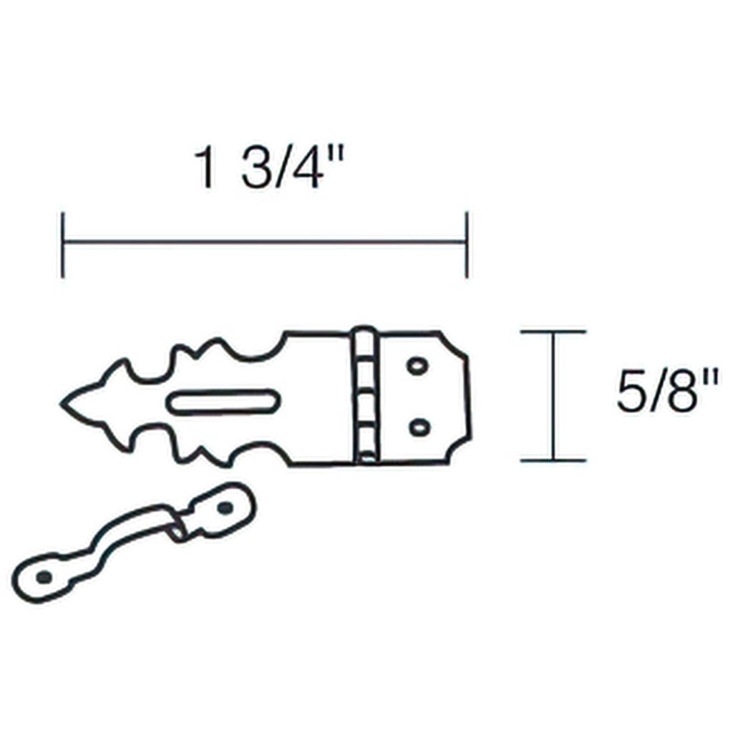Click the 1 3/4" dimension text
269,167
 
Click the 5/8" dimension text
667,392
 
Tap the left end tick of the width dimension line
63,245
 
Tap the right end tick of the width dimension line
467,245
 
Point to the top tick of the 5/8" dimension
553,332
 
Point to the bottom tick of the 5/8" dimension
553,460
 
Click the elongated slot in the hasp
223,402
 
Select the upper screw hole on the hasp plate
417,366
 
